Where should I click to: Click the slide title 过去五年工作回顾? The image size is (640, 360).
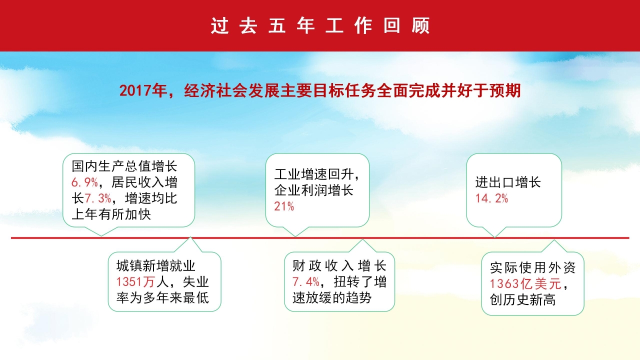[320, 26]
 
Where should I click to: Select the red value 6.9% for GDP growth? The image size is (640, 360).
[84, 182]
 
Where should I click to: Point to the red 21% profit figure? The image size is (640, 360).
[284, 206]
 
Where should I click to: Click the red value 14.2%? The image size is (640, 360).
[491, 198]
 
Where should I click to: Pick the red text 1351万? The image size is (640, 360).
[133, 282]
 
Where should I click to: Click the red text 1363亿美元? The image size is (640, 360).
[525, 284]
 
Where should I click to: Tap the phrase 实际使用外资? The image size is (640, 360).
[532, 268]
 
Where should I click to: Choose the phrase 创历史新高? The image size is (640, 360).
[522, 300]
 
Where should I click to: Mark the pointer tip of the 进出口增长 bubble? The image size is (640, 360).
[495, 236]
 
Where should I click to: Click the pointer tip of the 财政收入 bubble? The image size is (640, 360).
[362, 239]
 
